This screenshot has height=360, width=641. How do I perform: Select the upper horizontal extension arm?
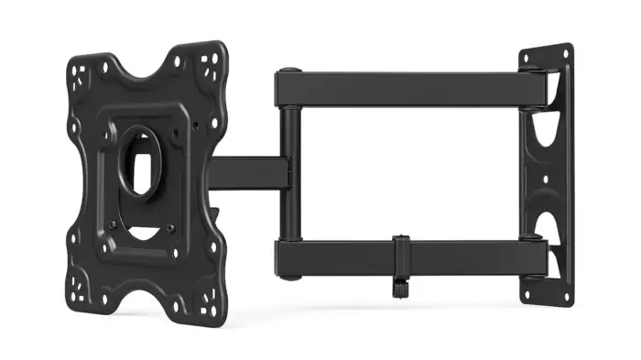tap(403, 89)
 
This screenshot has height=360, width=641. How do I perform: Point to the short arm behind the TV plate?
tap(245, 172)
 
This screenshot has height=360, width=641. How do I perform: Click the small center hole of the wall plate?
tap(546, 179)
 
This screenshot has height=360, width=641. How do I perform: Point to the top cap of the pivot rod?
tap(288, 71)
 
